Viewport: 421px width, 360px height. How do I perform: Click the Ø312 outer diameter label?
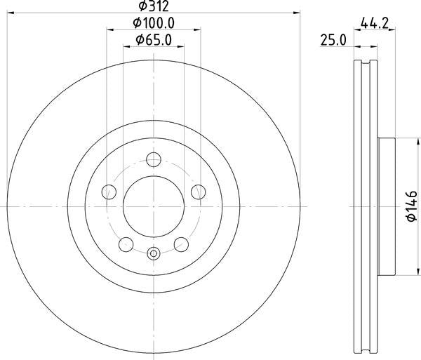[153, 6]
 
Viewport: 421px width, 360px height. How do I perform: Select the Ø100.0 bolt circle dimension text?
[153, 24]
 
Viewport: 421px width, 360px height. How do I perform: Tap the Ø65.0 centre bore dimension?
[153, 40]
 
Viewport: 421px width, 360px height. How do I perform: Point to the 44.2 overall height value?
[376, 24]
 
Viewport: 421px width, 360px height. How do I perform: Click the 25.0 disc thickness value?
[334, 40]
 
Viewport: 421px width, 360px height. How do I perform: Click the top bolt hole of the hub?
[154, 159]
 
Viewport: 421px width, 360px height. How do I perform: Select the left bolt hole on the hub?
[109, 191]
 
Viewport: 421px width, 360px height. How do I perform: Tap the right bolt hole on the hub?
[199, 191]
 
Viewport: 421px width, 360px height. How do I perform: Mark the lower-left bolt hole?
[126, 244]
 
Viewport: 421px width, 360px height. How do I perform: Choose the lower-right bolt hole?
[181, 244]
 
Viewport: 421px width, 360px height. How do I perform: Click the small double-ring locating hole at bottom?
[154, 253]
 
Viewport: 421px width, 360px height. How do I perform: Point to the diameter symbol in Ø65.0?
[139, 40]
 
